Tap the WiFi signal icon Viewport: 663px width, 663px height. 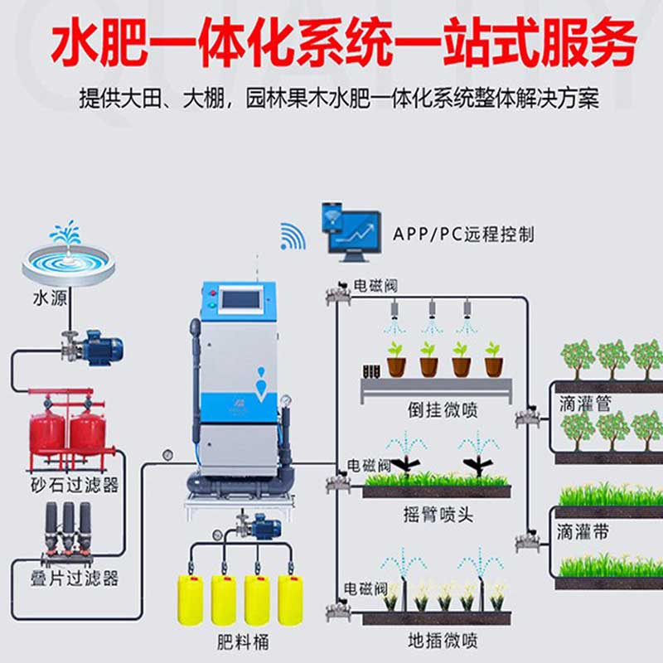[x=293, y=236]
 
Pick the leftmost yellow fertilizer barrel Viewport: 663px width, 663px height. [x=191, y=598]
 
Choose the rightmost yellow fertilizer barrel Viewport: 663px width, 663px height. [x=290, y=598]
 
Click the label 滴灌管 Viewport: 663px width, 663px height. [x=584, y=404]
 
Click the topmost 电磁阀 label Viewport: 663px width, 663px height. [x=375, y=286]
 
